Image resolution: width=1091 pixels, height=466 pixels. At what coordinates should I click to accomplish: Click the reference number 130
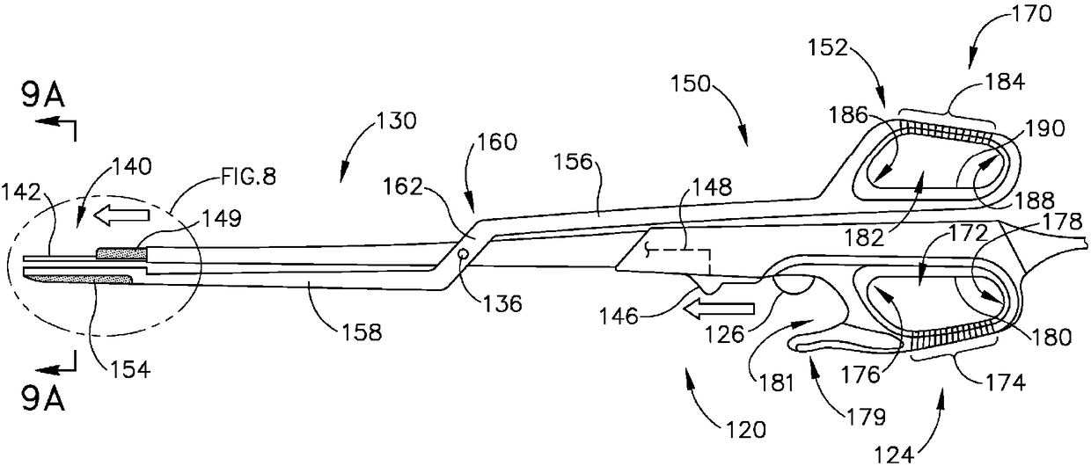[x=399, y=123]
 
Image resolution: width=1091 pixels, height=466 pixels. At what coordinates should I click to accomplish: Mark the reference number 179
[x=842, y=409]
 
